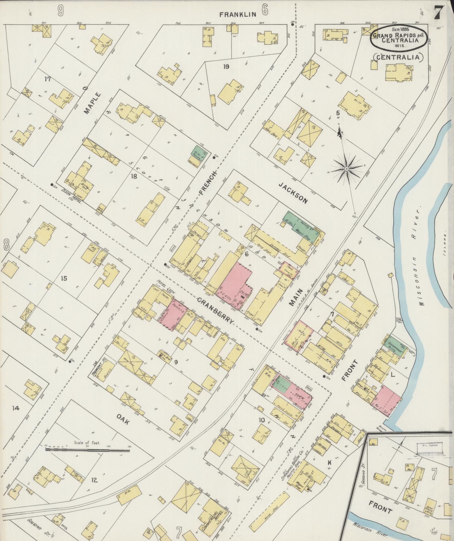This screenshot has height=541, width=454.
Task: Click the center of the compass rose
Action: click(x=346, y=169)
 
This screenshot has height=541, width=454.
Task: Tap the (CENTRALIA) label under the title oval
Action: click(x=398, y=57)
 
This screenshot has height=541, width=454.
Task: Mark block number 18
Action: click(x=134, y=177)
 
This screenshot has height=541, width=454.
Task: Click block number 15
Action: click(x=64, y=278)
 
